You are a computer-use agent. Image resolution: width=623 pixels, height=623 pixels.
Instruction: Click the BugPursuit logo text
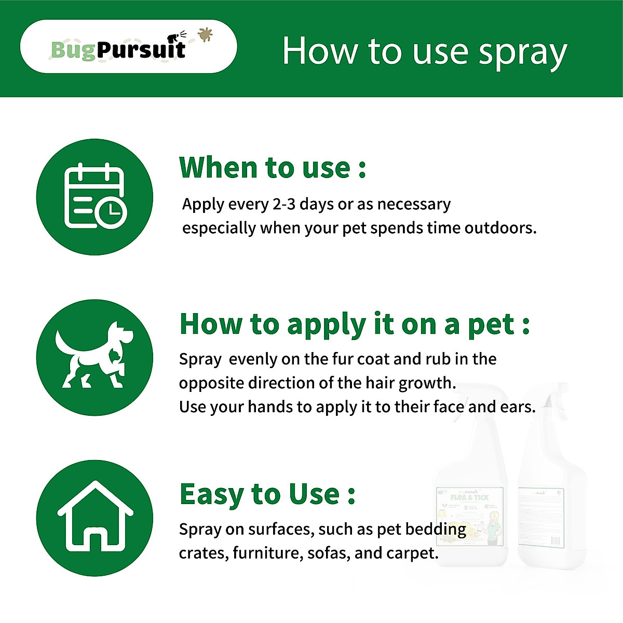coord(118,50)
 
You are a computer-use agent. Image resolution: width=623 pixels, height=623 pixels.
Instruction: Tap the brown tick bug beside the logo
coord(206,34)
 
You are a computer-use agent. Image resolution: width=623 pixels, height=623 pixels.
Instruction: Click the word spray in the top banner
coord(522,52)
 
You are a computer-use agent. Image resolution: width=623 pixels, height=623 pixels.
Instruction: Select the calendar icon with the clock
coord(94,197)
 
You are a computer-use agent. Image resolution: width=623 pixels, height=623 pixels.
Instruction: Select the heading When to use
coord(273,168)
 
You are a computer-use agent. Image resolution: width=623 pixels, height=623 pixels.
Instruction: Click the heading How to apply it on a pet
coord(354,324)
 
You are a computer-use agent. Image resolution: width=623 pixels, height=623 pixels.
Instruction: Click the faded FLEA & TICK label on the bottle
coord(469,497)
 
